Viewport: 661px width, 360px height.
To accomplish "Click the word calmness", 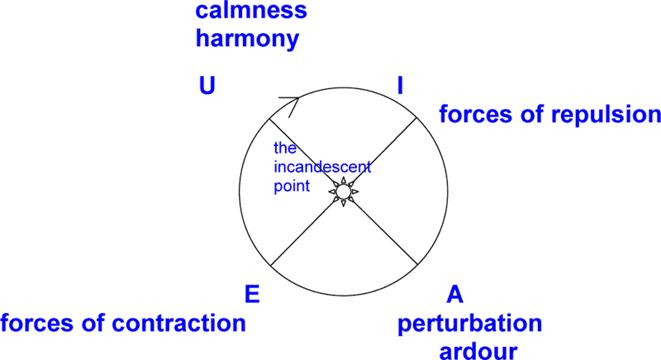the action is point(251,10).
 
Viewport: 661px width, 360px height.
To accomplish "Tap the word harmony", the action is point(247,39).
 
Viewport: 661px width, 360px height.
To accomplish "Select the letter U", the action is point(207,86).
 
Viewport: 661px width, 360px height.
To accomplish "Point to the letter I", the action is point(400,86).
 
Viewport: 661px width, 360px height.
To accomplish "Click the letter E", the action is point(252,294).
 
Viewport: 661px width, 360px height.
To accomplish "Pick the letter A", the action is point(455,294).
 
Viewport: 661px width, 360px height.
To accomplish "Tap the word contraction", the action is point(179,323).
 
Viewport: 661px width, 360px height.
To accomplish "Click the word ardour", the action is point(478,350).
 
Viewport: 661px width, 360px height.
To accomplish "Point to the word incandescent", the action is point(322,167).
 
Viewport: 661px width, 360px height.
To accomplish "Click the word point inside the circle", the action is point(292,186).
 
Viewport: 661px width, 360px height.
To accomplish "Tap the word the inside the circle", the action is point(285,148).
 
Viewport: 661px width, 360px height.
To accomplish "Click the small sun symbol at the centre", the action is point(344,192).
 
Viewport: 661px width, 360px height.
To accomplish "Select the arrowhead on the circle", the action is point(291,105).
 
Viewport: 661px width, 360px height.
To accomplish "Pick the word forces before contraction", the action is point(33,323).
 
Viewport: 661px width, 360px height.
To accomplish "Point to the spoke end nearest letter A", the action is point(418,265).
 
